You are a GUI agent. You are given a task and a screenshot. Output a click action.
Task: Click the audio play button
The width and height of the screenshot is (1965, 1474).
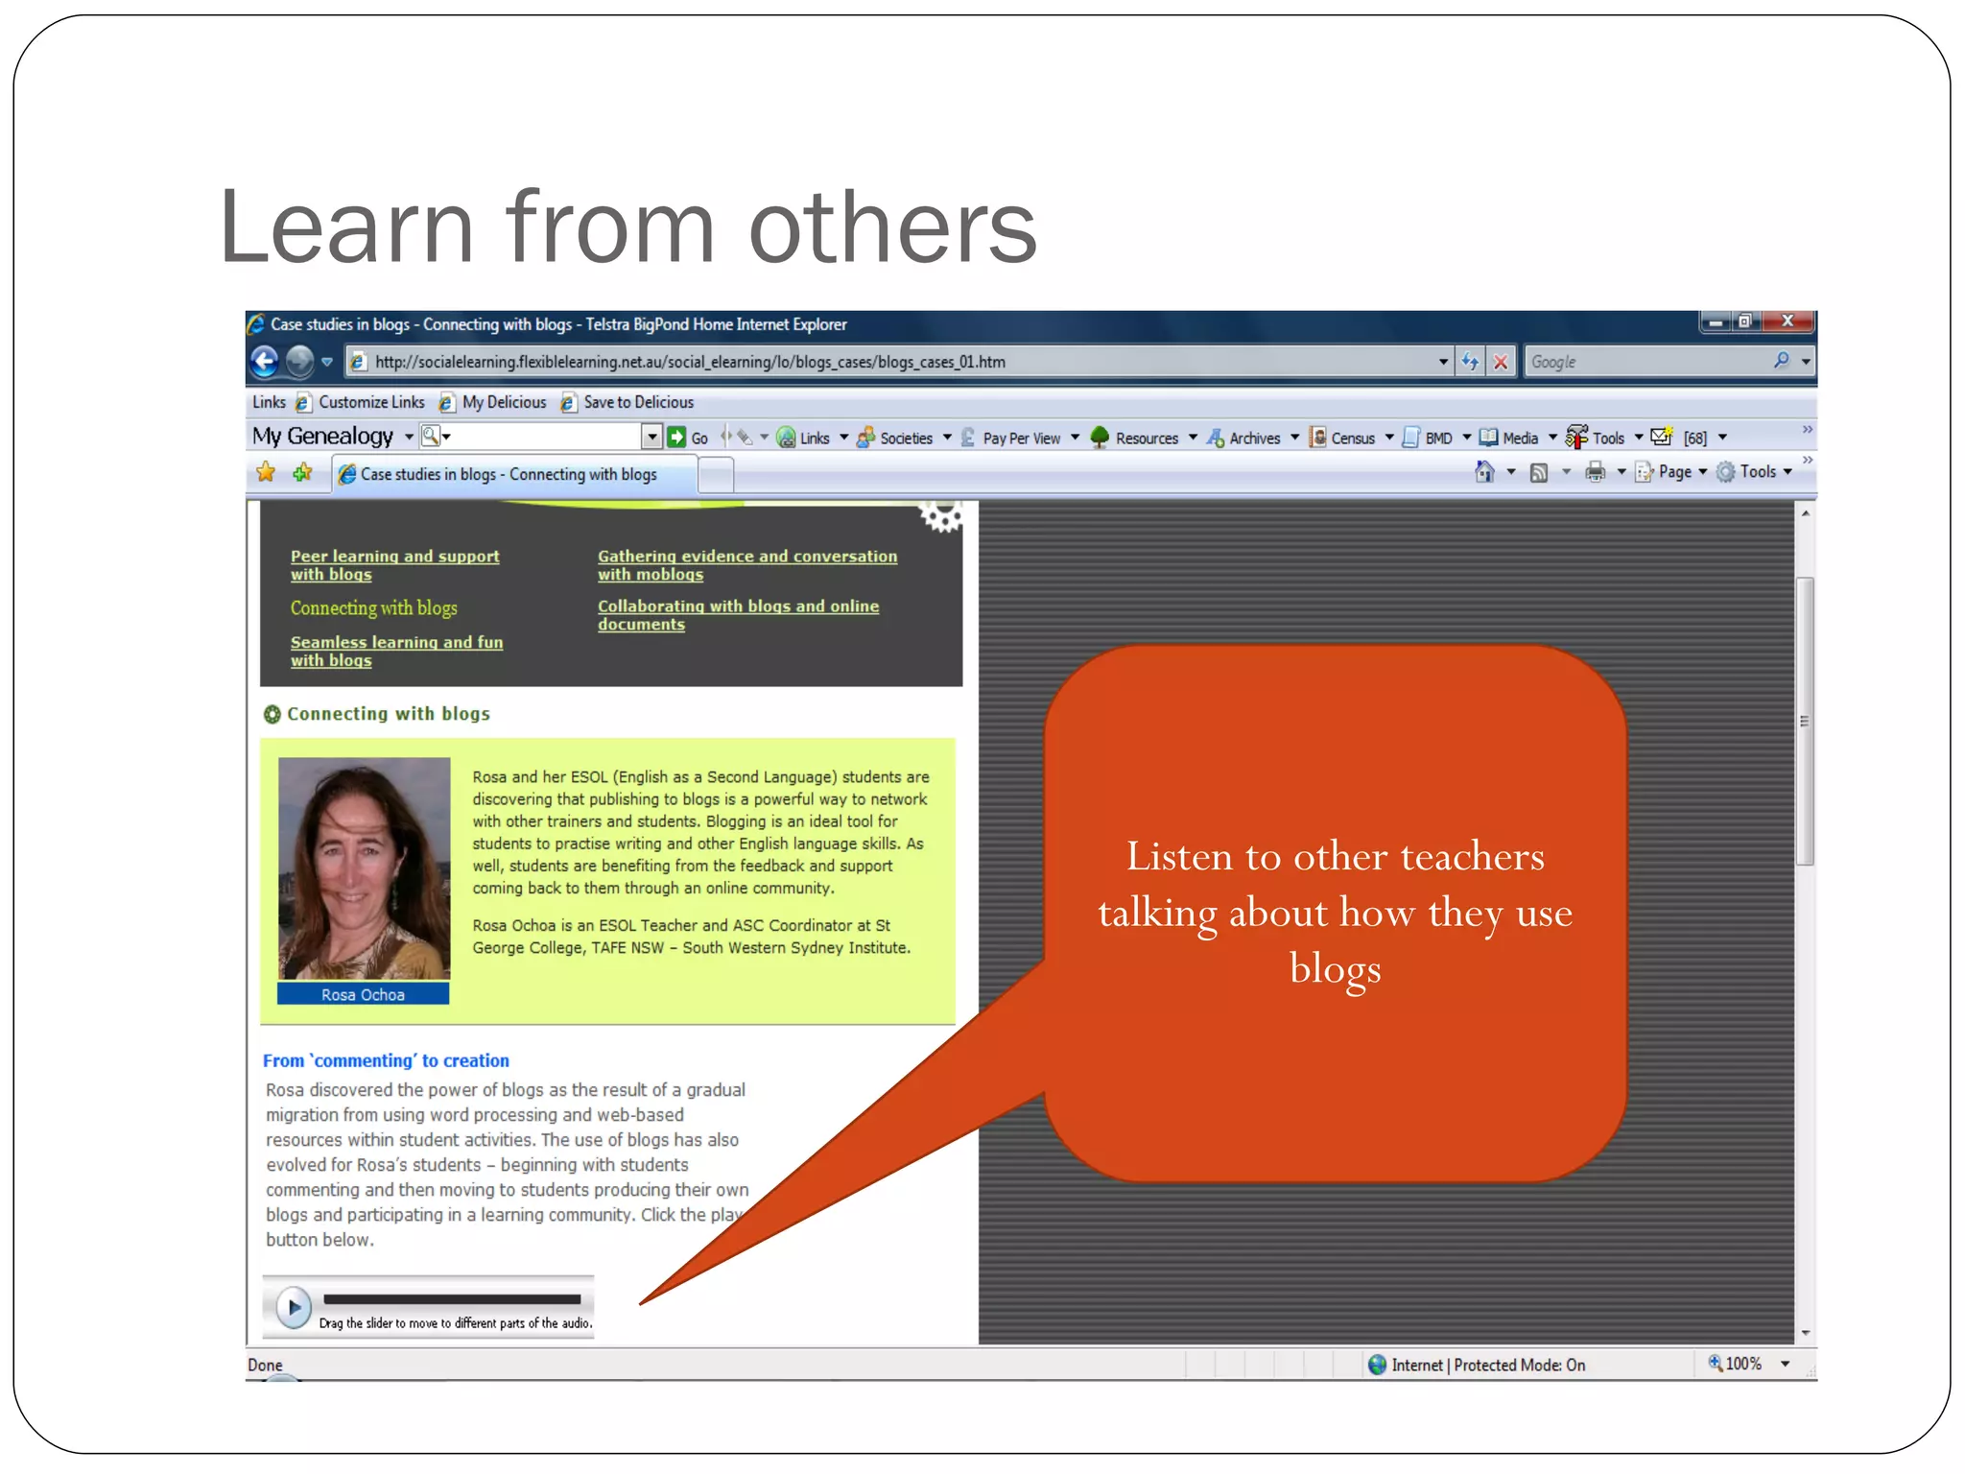294,1306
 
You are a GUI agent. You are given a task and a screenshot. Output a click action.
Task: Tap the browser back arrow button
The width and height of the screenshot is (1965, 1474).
265,362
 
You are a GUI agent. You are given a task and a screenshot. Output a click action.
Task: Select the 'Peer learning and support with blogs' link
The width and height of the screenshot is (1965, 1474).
394,565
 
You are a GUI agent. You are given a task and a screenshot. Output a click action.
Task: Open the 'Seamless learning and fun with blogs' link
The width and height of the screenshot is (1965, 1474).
396,652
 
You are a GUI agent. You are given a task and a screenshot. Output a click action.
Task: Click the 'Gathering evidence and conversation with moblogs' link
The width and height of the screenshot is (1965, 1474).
746,565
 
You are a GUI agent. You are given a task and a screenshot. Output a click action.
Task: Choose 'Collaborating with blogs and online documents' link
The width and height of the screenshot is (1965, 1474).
737,615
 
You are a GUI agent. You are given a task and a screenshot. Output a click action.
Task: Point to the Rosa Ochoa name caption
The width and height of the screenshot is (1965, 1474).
363,995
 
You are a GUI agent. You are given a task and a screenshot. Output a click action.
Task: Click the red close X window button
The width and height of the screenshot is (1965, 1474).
1787,321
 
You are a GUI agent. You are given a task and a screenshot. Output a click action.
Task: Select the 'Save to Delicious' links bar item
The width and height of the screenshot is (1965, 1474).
638,403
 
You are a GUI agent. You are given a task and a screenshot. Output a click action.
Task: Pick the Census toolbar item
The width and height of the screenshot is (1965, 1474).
1352,439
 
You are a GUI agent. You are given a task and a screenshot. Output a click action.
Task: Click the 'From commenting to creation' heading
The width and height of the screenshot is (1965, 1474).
386,1060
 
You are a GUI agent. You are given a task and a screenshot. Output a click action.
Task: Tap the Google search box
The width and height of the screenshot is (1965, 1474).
1646,362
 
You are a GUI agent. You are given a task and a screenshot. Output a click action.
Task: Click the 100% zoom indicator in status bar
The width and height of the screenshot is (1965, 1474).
1742,1364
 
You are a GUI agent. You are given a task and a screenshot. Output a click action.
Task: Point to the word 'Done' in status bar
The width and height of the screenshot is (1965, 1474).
265,1365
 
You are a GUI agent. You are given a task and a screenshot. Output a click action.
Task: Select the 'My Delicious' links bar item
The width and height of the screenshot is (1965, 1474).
504,403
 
